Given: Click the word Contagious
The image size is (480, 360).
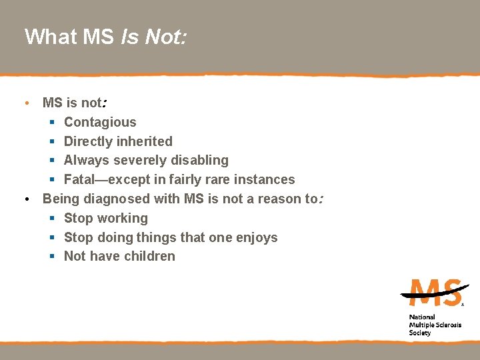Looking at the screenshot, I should click(x=100, y=122).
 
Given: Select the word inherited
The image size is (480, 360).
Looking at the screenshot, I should click(x=145, y=141).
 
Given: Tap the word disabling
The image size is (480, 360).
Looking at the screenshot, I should click(x=200, y=160).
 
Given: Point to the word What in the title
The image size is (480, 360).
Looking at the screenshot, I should click(x=50, y=37).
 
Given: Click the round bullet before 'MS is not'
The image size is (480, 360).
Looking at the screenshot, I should click(x=25, y=103).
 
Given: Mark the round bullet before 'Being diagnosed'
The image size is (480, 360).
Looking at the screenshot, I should click(x=25, y=199).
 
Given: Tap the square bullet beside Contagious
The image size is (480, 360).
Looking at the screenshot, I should click(x=52, y=123).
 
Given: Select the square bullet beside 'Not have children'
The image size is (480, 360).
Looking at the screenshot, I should click(x=52, y=257).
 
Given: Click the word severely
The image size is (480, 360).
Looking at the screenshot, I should click(x=139, y=160).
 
